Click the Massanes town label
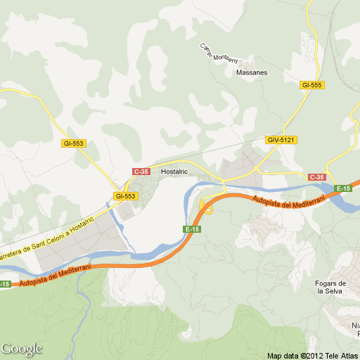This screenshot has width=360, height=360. click(252, 72)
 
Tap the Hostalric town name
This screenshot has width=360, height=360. click(174, 171)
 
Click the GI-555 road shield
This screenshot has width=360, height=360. click(311, 85)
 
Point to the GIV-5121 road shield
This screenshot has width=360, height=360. click(281, 140)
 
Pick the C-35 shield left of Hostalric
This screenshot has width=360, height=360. click(141, 171)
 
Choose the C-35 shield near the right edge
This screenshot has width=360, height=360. click(317, 176)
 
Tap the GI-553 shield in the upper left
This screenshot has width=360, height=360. click(73, 143)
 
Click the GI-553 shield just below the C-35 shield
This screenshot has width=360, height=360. click(125, 196)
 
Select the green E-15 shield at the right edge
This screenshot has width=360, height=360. click(343, 188)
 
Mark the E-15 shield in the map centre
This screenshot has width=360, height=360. click(193, 229)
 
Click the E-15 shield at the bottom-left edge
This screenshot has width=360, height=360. click(5, 284)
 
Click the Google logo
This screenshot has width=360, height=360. click(22, 349)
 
